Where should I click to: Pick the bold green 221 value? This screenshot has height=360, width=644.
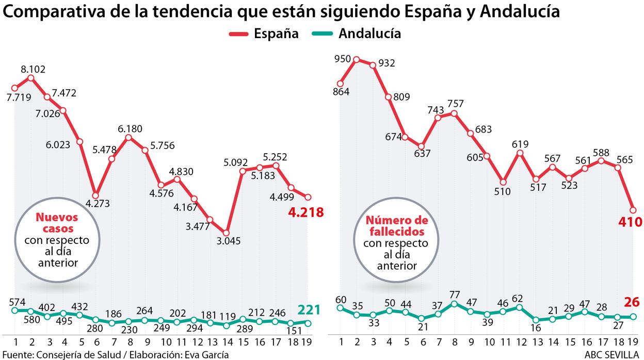(x=308, y=310)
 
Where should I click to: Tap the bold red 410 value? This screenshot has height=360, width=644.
(x=631, y=222)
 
